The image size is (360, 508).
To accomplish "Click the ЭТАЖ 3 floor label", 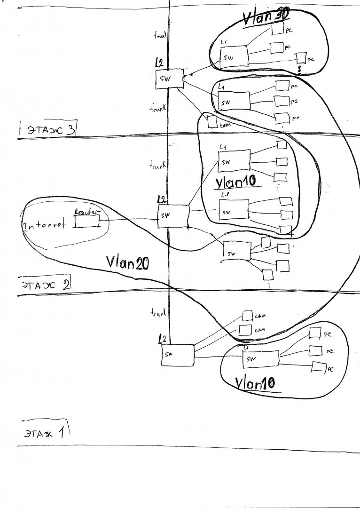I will pos(47,129).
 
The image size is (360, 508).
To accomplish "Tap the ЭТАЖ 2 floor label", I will pos(45,285).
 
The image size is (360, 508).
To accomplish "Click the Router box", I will pos(86,221).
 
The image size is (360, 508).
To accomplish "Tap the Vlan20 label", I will pos(127,262).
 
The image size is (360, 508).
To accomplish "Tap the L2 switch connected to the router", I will pos(173,215).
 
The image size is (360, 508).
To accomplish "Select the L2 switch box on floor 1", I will pos(178,355).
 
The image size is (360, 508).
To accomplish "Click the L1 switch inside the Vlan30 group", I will pos(234,56).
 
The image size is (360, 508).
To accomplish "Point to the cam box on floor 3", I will pos(213,121).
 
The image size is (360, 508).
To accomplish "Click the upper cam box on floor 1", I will pos(247,316).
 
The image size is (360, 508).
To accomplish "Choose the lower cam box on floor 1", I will pos(245,330).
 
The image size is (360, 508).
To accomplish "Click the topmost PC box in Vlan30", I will pos(277,30).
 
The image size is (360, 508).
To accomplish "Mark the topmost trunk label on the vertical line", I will pos(159,35).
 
